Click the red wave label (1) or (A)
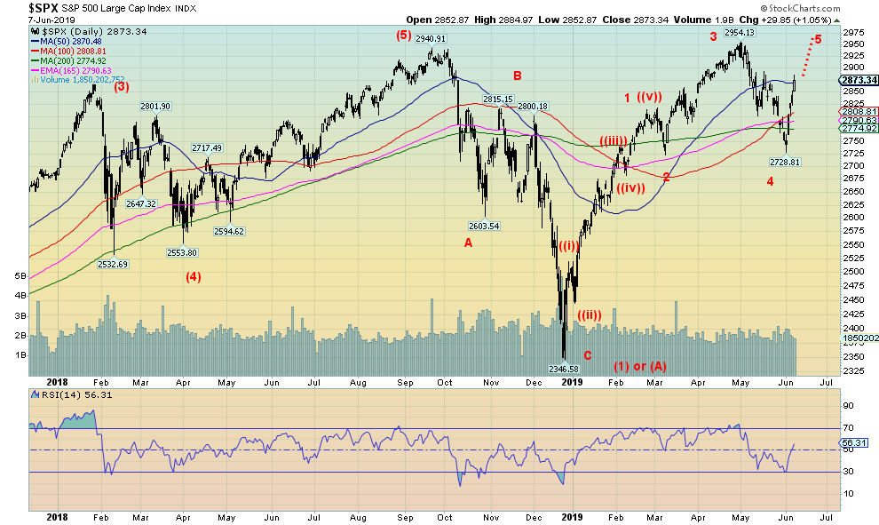(x=641, y=365)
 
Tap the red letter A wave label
(x=468, y=243)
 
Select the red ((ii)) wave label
(x=590, y=314)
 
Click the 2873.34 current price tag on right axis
(x=858, y=80)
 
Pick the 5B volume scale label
(x=20, y=276)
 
